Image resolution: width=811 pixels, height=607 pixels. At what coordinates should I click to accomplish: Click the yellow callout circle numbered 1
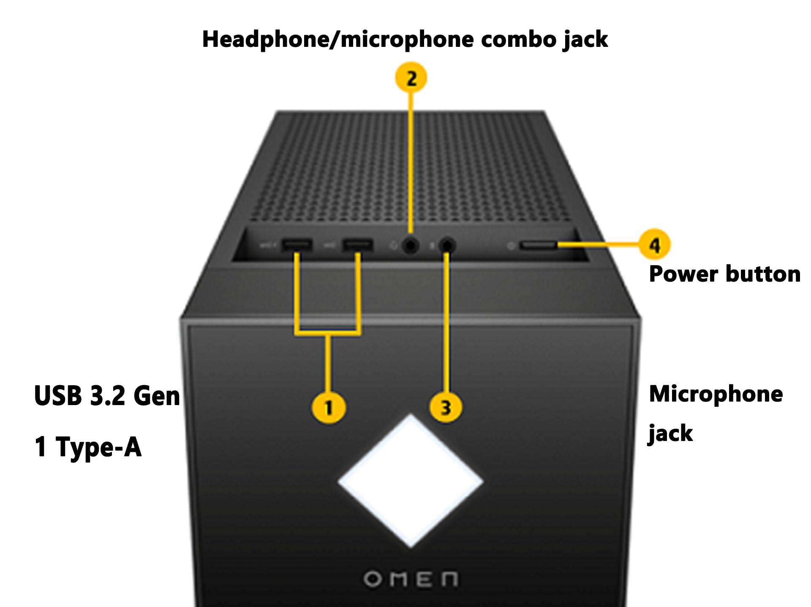coord(329,408)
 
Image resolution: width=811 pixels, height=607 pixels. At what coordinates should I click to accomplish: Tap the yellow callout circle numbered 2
coord(411,78)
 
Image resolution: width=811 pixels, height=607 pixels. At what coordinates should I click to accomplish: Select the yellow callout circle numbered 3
coord(446,408)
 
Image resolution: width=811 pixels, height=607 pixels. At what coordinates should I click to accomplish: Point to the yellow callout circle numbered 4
coord(654,244)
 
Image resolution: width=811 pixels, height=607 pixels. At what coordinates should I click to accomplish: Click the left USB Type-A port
coord(297,245)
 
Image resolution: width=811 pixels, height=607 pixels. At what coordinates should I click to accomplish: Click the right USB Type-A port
coord(358,245)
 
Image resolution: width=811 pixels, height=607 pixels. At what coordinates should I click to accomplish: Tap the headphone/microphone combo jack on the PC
coord(410,245)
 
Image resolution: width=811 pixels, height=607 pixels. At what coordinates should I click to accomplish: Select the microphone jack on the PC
coord(447,245)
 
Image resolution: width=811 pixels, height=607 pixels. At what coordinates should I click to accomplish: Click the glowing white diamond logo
coord(411,481)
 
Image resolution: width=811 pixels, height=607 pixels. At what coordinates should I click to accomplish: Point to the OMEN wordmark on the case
coord(411,579)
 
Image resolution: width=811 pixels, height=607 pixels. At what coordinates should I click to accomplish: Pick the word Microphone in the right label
coord(716,394)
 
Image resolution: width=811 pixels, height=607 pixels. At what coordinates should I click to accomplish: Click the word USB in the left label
coord(58,396)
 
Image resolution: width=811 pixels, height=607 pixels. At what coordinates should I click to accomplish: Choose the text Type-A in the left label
coord(98,447)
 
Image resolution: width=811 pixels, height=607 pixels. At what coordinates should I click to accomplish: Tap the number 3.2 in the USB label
coord(107,396)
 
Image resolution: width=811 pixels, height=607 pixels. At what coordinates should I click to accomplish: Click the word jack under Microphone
coord(670,433)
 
